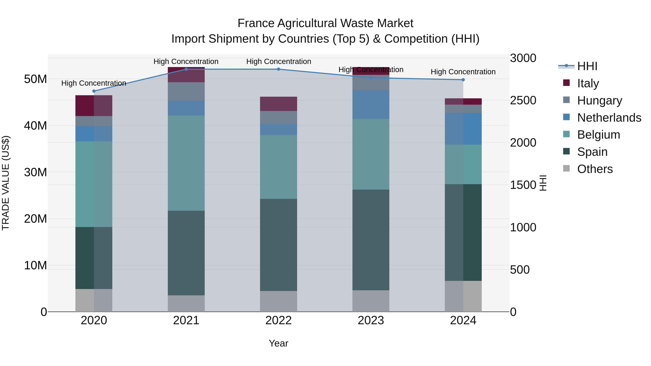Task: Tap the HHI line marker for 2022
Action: tap(278, 69)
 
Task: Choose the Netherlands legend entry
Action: tap(609, 118)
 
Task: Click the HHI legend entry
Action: tap(587, 66)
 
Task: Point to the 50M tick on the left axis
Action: tap(35, 79)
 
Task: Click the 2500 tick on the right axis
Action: tap(523, 100)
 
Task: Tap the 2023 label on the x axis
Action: tap(371, 320)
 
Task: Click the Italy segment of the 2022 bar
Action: tap(278, 104)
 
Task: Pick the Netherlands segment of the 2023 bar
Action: tap(371, 105)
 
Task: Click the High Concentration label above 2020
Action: tap(94, 83)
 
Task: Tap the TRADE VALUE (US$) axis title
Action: tap(6, 183)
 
